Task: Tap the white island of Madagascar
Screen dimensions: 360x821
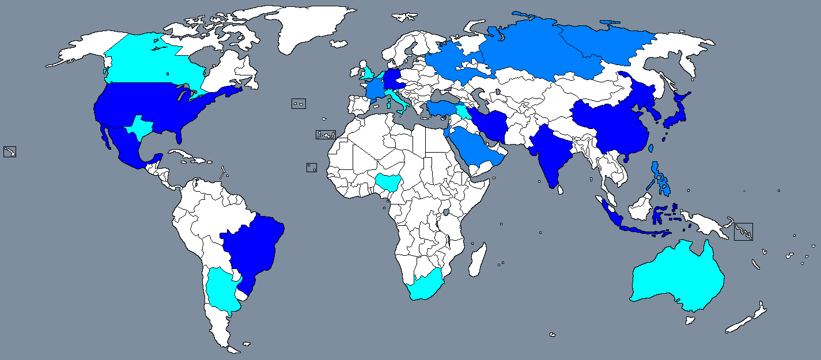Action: [x=476, y=259]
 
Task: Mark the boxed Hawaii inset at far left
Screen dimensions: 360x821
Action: [x=10, y=151]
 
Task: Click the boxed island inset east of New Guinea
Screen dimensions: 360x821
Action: [x=743, y=232]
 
